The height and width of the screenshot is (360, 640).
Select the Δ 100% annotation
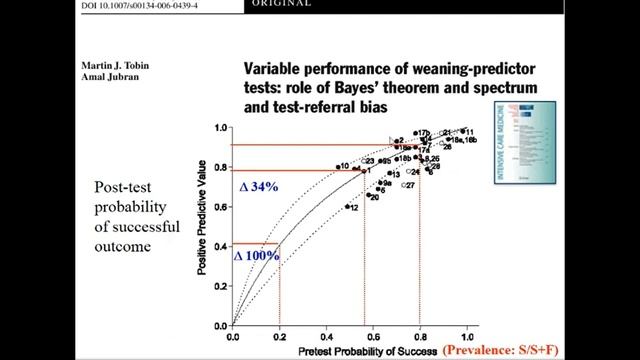[x=256, y=255]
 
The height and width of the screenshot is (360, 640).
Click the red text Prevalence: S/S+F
[x=507, y=350]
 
